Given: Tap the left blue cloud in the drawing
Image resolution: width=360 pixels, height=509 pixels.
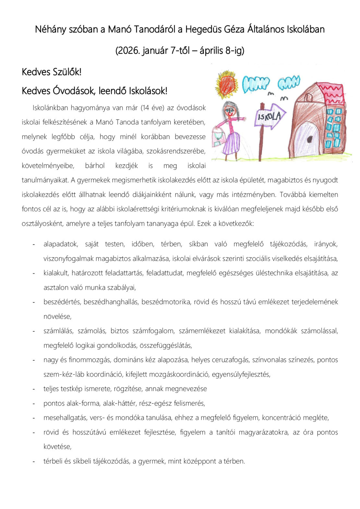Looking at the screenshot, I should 256,84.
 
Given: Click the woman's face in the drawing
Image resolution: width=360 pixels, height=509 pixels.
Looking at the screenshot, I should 231,111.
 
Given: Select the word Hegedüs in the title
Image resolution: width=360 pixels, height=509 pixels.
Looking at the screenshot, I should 204,30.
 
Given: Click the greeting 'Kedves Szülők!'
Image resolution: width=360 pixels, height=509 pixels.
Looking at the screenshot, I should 52,72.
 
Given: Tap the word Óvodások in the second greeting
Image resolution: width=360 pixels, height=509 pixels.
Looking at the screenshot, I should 74,91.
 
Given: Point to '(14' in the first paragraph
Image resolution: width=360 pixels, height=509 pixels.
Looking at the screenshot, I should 145,108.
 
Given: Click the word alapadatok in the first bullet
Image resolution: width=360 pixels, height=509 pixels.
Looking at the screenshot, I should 61,244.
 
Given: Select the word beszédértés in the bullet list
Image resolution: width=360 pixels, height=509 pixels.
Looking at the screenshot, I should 62,302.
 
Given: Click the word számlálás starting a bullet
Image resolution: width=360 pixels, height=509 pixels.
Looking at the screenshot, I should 58,331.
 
